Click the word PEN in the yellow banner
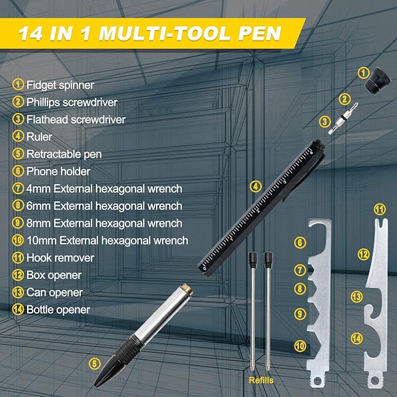pyautogui.click(x=260, y=33)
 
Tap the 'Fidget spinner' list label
pyautogui.click(x=60, y=85)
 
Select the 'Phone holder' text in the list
pyautogui.click(x=58, y=171)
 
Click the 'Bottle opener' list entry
pyautogui.click(x=58, y=310)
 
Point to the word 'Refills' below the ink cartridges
pyautogui.click(x=261, y=380)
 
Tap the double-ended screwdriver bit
pyautogui.click(x=343, y=118)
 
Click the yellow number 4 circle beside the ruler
pyautogui.click(x=255, y=187)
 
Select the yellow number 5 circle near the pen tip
pyautogui.click(x=95, y=364)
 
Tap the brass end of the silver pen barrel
pyautogui.click(x=187, y=289)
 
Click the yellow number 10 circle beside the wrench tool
pyautogui.click(x=300, y=346)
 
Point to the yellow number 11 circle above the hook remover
pyautogui.click(x=380, y=209)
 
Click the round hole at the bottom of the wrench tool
pyautogui.click(x=317, y=381)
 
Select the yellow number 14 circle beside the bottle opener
pyautogui.click(x=357, y=339)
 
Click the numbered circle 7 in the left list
pyautogui.click(x=18, y=189)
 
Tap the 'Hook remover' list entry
pyautogui.click(x=60, y=258)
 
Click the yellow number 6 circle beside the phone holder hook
pyautogui.click(x=300, y=242)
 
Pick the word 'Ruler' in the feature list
pyautogui.click(x=39, y=137)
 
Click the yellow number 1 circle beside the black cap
pyautogui.click(x=364, y=73)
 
